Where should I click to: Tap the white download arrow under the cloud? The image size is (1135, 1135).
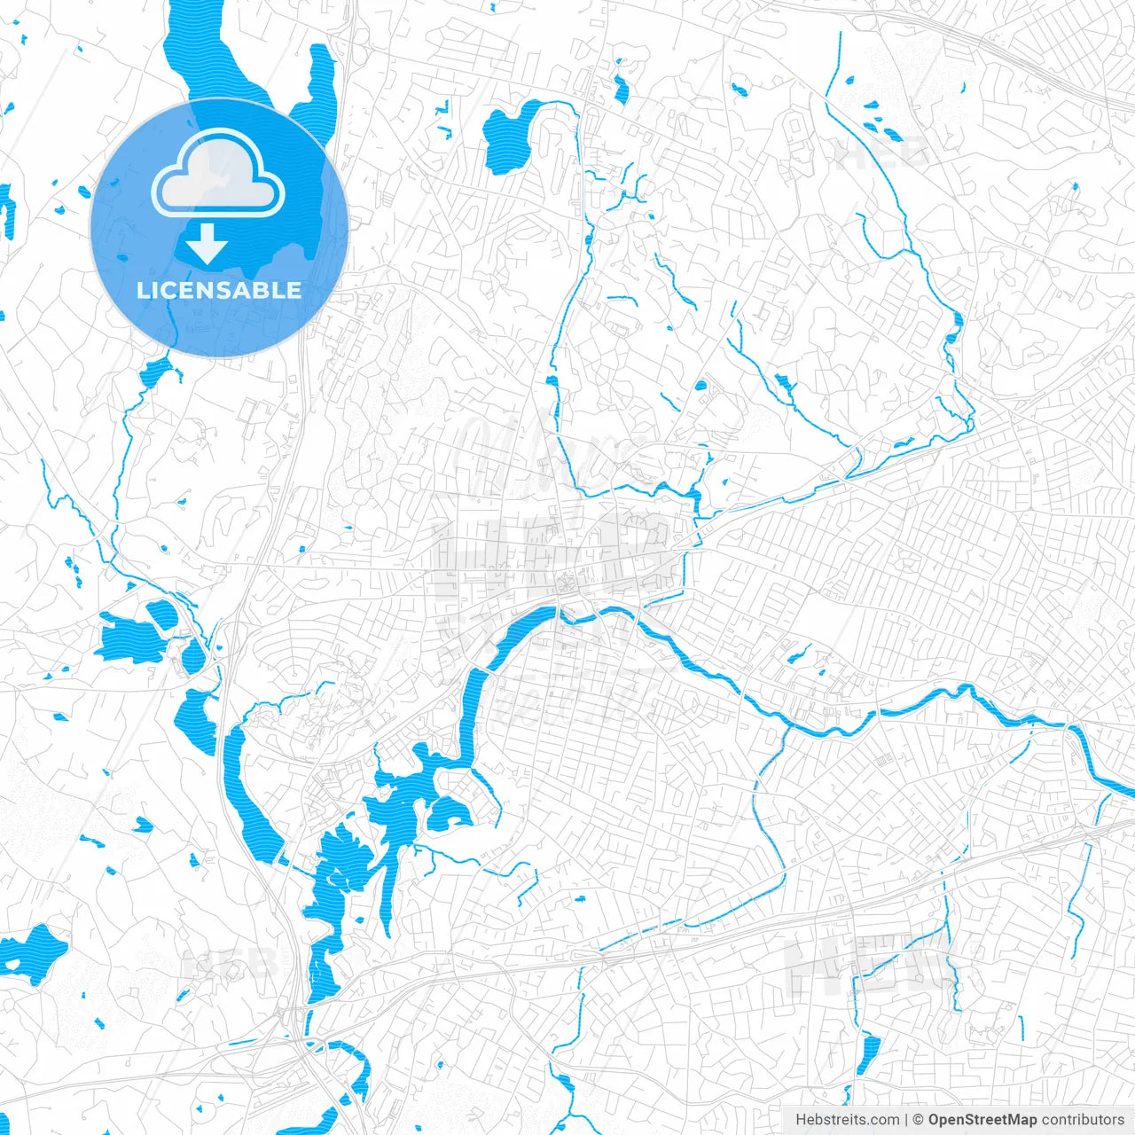coord(207,243)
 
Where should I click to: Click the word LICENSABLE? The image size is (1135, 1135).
coord(218,290)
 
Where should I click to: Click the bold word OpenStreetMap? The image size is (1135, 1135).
coord(982,1120)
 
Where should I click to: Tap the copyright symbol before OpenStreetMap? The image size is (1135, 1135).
coord(919,1120)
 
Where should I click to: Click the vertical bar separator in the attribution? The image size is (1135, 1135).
coord(906,1120)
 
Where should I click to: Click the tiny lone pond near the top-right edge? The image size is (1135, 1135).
coord(1075,186)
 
